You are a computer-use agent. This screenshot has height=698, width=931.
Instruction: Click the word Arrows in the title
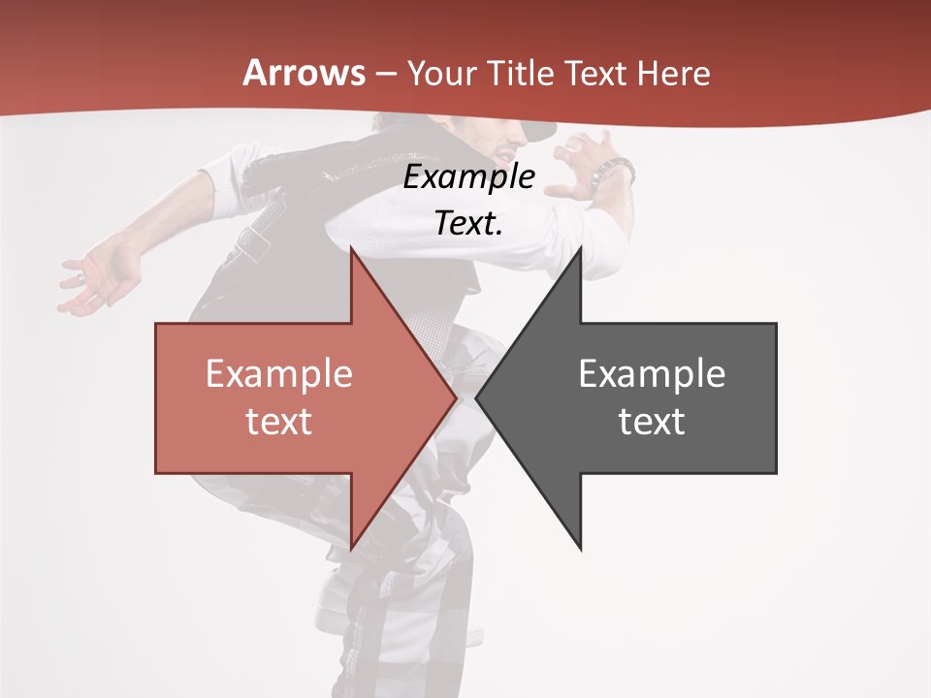click(304, 73)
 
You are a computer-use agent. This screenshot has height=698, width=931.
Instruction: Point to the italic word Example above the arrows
click(468, 177)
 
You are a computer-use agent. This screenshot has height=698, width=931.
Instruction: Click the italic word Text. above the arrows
click(468, 223)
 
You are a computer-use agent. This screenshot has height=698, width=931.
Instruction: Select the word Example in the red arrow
click(278, 374)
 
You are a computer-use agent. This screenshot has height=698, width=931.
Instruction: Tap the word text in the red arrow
click(278, 422)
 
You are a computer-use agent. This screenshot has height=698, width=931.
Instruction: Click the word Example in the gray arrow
click(652, 374)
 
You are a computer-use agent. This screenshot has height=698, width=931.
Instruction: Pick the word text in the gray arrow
click(652, 422)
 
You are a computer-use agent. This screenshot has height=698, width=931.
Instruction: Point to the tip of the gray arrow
click(477, 398)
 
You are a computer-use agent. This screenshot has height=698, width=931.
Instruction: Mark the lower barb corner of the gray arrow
click(580, 550)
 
